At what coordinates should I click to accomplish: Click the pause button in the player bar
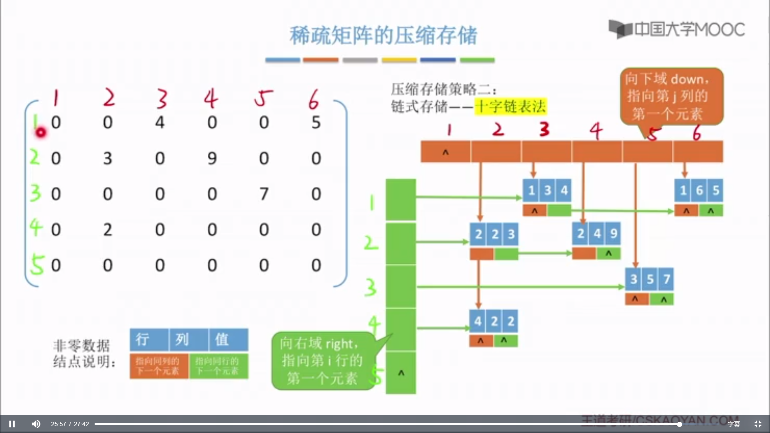(12, 424)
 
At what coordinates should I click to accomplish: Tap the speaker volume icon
(36, 424)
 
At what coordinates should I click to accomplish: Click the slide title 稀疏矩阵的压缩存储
(383, 35)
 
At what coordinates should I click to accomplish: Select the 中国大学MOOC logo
(677, 29)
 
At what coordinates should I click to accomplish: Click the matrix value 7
(264, 194)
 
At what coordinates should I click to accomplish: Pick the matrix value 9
(212, 158)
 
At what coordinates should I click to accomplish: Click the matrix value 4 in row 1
(160, 122)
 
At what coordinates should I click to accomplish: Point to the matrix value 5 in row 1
(316, 122)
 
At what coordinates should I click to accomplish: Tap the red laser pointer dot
(41, 132)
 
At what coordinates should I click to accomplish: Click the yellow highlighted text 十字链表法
(510, 107)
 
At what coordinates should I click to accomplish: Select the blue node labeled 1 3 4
(547, 190)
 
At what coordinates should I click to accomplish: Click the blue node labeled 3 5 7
(649, 279)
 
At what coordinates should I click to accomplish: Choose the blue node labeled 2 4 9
(596, 233)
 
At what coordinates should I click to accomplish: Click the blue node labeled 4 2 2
(494, 321)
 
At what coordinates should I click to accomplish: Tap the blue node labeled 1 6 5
(699, 190)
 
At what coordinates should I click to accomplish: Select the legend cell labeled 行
(149, 340)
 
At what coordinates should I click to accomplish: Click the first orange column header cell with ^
(446, 152)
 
